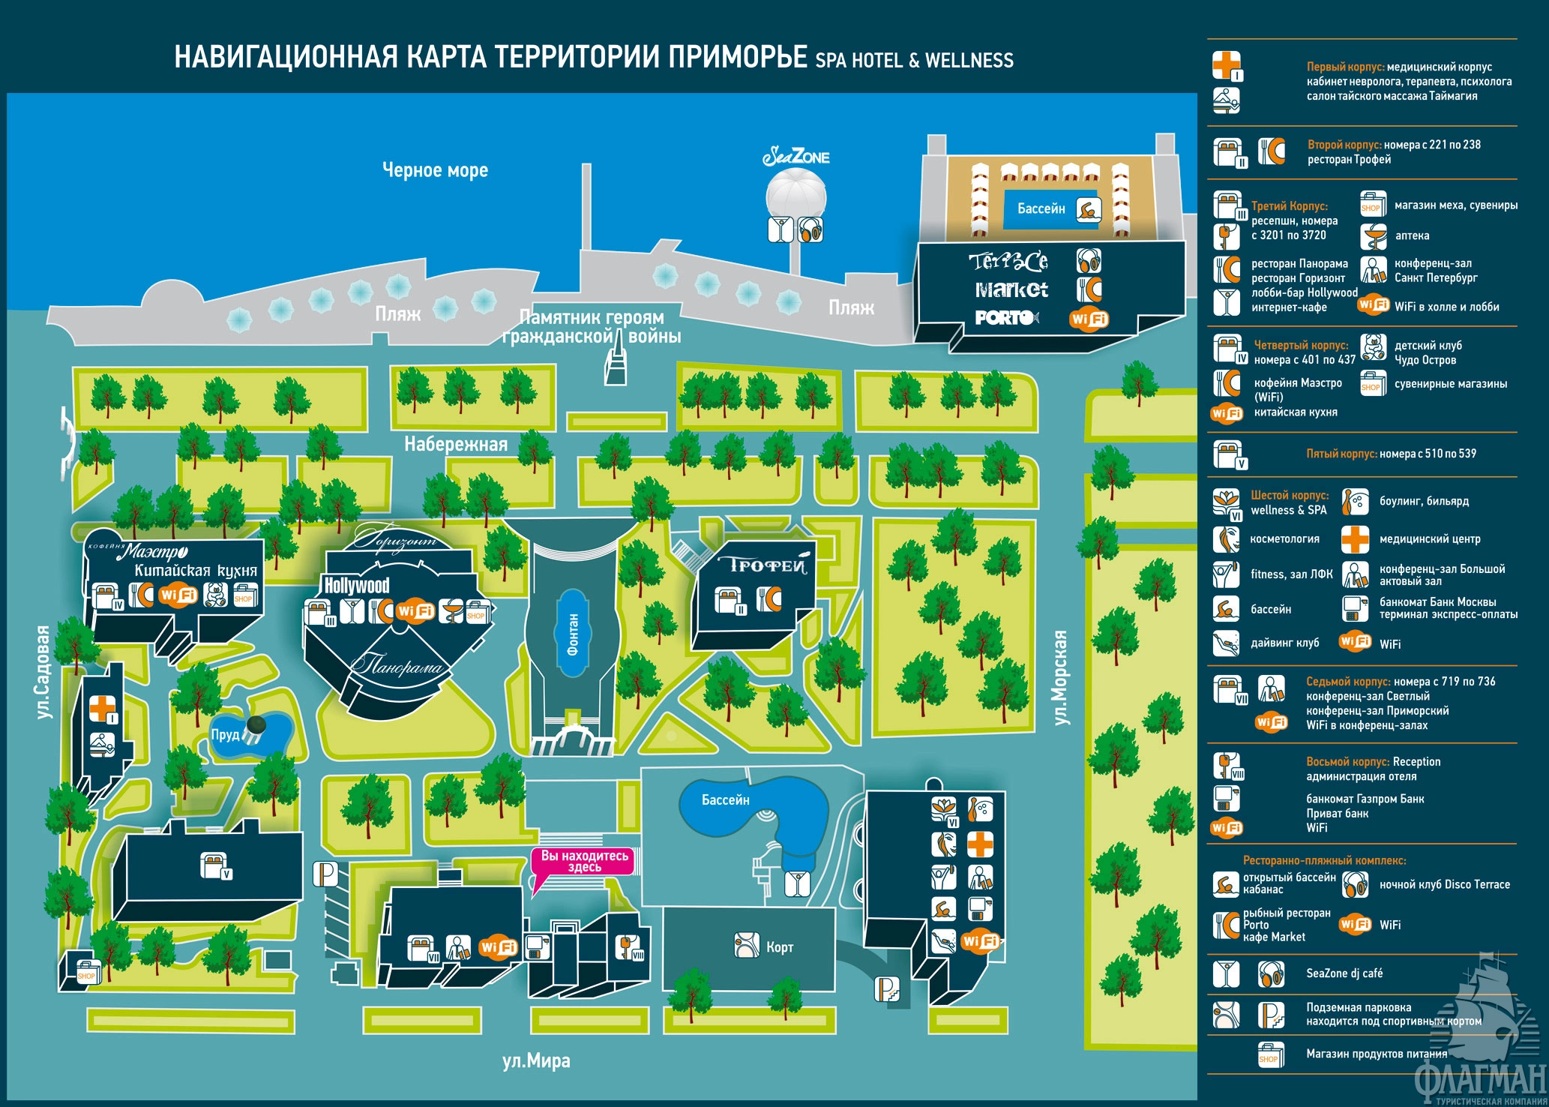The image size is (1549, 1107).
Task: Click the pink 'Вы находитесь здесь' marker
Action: click(584, 861)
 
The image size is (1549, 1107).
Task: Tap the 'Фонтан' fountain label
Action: click(574, 634)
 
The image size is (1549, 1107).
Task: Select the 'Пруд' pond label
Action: click(225, 734)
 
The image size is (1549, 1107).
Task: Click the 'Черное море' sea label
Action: click(435, 170)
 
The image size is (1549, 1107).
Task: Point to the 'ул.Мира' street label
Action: click(536, 1060)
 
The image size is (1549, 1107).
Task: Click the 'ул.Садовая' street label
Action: click(44, 672)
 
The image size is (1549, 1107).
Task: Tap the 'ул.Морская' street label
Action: click(1060, 677)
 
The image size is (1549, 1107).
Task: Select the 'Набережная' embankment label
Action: click(456, 444)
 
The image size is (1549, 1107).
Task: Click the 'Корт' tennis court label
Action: click(780, 947)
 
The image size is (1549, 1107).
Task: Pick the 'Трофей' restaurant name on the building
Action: click(763, 565)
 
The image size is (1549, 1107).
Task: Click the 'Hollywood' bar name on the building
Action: click(357, 585)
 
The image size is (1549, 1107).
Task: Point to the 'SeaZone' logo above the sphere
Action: click(796, 157)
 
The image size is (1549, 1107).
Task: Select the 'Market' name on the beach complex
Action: click(1011, 289)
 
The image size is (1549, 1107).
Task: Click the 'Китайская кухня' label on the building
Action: click(196, 571)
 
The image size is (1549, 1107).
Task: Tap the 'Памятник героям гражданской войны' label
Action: click(592, 327)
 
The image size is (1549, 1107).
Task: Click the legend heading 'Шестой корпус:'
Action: click(1290, 495)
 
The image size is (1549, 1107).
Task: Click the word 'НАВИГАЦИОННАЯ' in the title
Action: click(286, 58)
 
